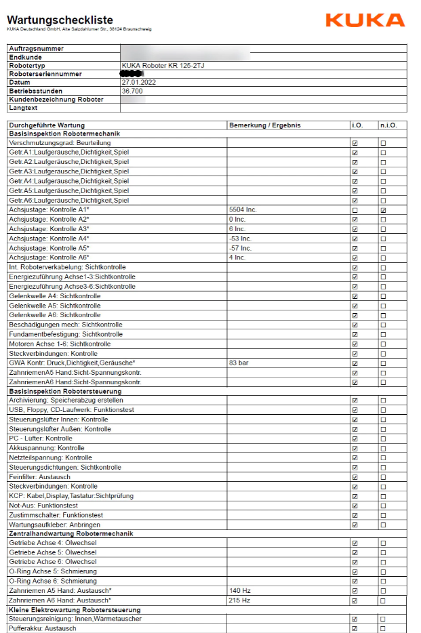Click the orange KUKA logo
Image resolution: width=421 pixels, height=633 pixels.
coord(365,20)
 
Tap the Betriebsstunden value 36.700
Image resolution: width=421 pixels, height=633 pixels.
coord(132,91)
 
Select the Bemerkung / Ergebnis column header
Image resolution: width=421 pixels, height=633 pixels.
coord(264,125)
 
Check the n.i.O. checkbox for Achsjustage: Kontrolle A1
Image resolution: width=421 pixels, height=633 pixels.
coord(384,211)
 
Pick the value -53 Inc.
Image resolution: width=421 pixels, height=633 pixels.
coord(240,239)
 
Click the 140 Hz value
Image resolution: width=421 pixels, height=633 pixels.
coord(240,591)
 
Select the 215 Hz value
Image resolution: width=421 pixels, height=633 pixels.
coord(240,600)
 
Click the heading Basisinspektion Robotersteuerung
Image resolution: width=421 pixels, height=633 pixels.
coord(65,392)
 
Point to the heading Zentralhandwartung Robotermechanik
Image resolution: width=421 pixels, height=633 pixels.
coord(71,534)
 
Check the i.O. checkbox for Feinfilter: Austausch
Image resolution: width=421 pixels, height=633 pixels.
coord(355,477)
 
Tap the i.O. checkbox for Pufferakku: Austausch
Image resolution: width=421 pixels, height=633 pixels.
coord(355,629)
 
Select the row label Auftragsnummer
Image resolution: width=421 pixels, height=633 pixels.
coord(37,49)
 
